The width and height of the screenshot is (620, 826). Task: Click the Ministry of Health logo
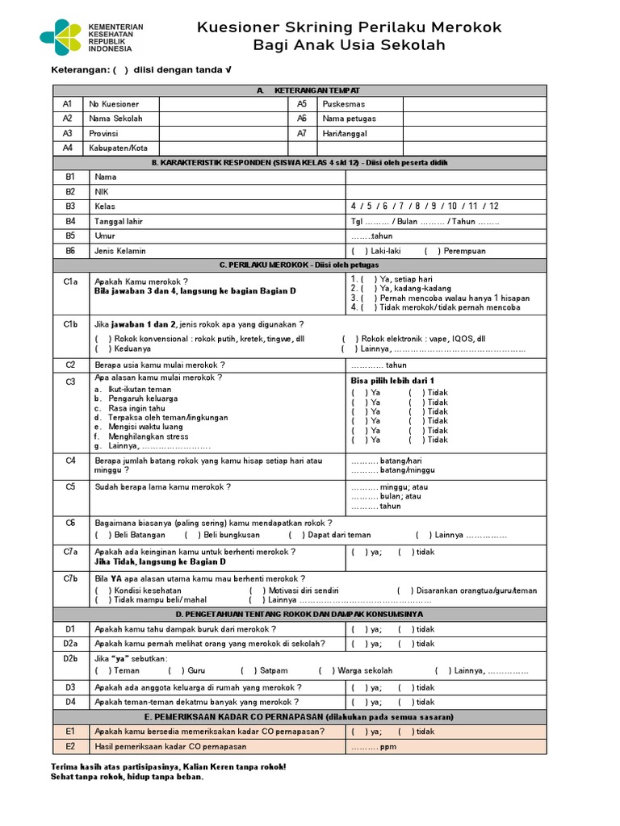(60, 37)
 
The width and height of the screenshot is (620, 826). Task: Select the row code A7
(302, 133)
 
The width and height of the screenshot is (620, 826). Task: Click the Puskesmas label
(343, 104)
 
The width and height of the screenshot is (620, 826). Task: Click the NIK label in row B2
(101, 191)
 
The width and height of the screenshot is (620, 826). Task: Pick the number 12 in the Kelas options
(493, 206)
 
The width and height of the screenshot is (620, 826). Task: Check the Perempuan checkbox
(431, 251)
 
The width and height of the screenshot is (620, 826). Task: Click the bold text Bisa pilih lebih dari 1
(392, 380)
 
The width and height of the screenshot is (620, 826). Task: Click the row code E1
(69, 732)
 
